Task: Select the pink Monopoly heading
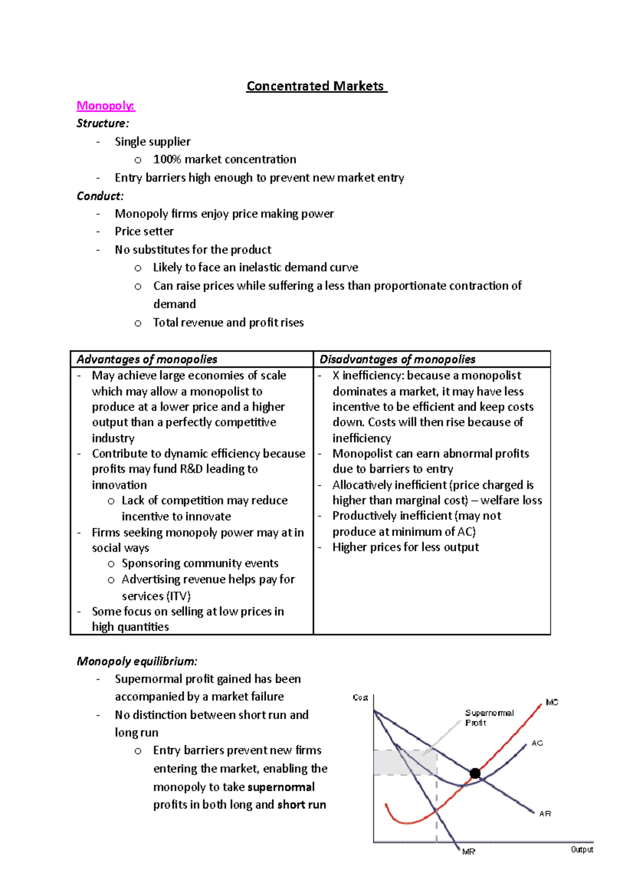(x=105, y=106)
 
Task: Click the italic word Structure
(x=102, y=123)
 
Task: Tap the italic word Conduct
(x=100, y=196)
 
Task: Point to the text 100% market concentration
(x=224, y=159)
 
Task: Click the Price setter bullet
(x=144, y=231)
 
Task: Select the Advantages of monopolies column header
(x=147, y=359)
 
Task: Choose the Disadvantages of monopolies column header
(x=397, y=359)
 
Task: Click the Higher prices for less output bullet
(x=405, y=547)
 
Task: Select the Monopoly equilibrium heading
(x=137, y=661)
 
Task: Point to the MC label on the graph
(x=552, y=702)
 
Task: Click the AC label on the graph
(x=537, y=743)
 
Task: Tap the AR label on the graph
(x=545, y=814)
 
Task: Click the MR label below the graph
(x=468, y=852)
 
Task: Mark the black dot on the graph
(x=475, y=774)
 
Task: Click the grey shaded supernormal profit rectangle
(x=404, y=762)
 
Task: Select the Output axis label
(x=582, y=850)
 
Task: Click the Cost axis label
(x=360, y=698)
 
